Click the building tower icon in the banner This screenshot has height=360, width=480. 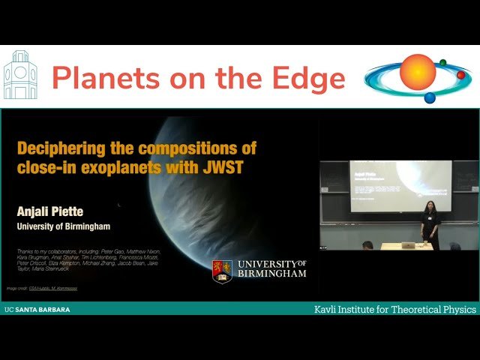pyautogui.click(x=19, y=76)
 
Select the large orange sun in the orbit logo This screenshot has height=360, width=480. pyautogui.click(x=418, y=72)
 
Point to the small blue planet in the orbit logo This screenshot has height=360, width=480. pyautogui.click(x=430, y=97)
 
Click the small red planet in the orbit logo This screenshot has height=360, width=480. pyautogui.click(x=460, y=75)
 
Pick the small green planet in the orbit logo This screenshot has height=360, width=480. pyautogui.click(x=443, y=62)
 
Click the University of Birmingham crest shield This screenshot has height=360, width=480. pyautogui.click(x=222, y=271)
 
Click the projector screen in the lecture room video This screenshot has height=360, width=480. pyautogui.click(x=400, y=185)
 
